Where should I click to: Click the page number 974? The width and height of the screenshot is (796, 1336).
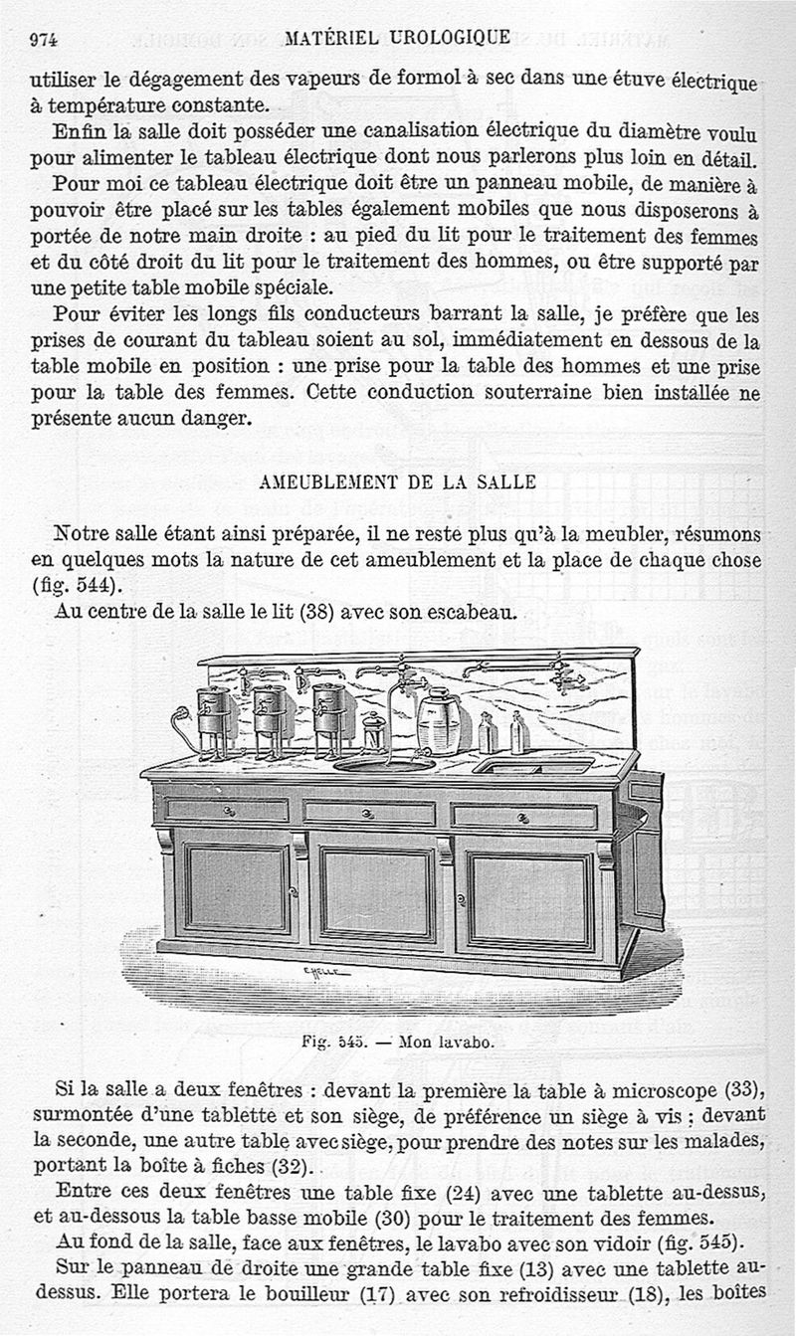[x=44, y=39]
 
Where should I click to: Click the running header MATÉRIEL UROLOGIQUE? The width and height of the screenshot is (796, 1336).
[x=397, y=38]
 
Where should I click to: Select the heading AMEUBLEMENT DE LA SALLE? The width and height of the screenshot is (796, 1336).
[x=397, y=482]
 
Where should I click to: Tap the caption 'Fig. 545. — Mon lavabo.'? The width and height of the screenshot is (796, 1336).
[x=397, y=1044]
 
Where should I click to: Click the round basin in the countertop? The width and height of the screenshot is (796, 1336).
[x=384, y=764]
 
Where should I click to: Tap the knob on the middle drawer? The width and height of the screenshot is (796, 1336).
[x=368, y=813]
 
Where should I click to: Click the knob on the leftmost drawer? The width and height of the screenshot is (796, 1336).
[x=227, y=810]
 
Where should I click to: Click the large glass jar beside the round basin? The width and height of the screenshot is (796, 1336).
[x=438, y=722]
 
